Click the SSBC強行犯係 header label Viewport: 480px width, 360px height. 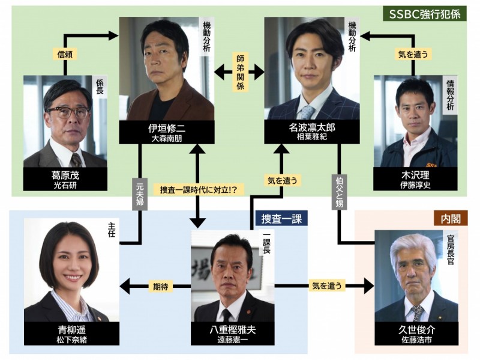click(x=425, y=13)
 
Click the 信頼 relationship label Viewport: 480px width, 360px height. click(x=64, y=54)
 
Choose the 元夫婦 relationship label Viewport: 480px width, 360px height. click(x=139, y=192)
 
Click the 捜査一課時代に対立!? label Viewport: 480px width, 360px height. click(x=199, y=189)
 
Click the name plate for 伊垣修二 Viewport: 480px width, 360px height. click(x=166, y=132)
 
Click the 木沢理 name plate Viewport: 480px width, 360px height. click(x=415, y=178)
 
